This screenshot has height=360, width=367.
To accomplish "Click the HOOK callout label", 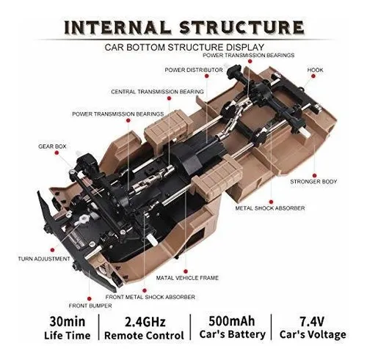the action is pos(315,70).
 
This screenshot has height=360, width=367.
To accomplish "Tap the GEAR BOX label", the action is pos(52,147).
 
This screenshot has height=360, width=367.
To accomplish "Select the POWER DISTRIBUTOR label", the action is pos(194,70).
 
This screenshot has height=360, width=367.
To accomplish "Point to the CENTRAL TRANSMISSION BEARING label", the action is pos(157,92).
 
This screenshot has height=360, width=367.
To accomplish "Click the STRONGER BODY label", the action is pos(313,182).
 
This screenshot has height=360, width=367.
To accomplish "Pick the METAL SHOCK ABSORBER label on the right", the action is pos(270,208).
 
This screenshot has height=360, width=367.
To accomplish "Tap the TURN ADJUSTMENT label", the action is pos(44,259).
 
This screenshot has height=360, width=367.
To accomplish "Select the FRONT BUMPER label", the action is pos(90,306).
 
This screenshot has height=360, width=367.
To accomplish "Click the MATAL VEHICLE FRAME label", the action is pos(187,278).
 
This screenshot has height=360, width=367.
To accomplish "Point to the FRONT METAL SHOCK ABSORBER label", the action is pos(150,297).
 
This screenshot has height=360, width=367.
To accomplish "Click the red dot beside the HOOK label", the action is pos(313,76).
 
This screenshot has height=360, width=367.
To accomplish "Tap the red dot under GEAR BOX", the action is pos(57,153).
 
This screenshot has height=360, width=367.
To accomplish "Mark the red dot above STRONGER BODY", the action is pos(315,175).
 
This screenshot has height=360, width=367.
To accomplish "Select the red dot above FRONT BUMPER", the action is pos(90,298).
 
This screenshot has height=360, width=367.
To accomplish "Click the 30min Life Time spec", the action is pos(68,328).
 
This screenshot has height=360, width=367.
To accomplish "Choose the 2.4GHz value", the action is pos(145,322).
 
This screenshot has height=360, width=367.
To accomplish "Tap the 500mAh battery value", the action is pos(232,321).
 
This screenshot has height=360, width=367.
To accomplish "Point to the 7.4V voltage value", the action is pos(312,321).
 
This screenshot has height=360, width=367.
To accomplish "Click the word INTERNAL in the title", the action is pos(118,27).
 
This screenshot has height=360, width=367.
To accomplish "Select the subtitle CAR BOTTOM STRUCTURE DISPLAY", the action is pos(184,47).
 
